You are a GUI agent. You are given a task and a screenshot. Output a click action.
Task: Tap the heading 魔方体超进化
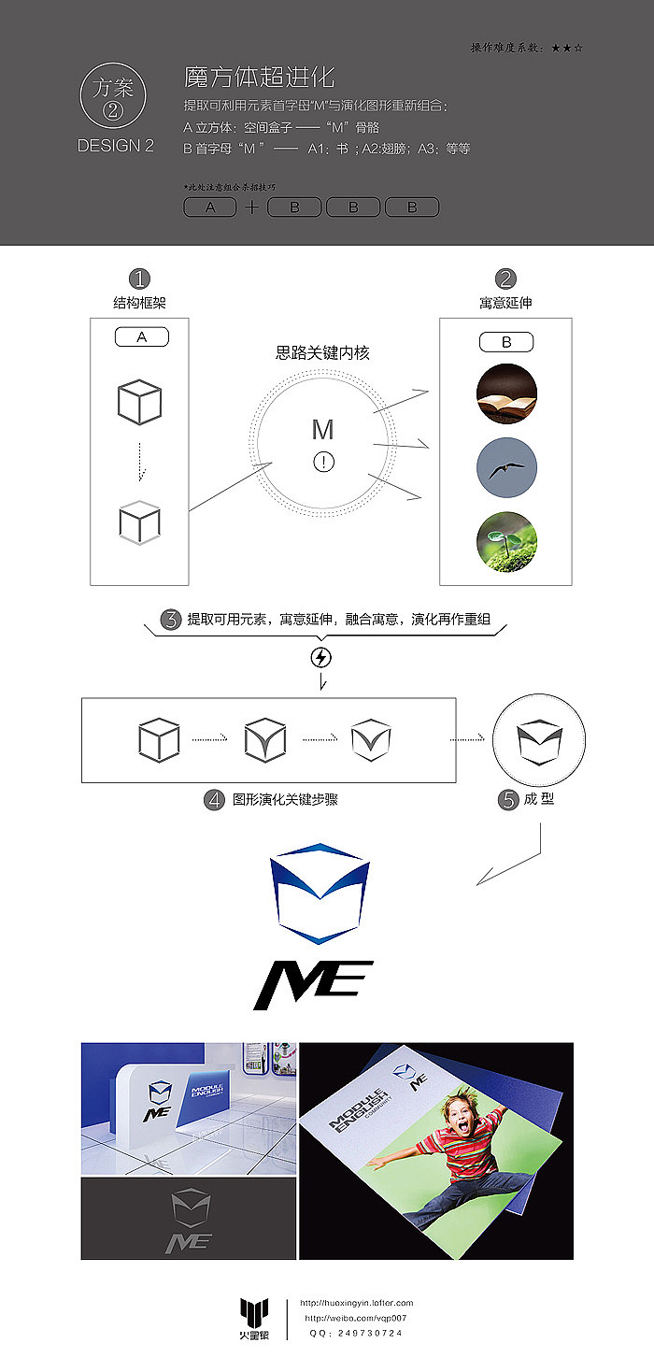pyautogui.click(x=260, y=77)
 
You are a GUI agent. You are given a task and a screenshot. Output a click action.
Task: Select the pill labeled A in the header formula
pyautogui.click(x=209, y=207)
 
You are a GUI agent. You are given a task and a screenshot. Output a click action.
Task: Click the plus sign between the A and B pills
pyautogui.click(x=251, y=207)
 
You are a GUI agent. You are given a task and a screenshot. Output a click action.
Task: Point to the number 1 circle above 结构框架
pyautogui.click(x=139, y=279)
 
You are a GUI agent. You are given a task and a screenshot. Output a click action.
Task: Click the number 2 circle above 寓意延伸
pyautogui.click(x=505, y=279)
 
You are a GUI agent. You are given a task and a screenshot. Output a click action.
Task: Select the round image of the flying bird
pyautogui.click(x=506, y=467)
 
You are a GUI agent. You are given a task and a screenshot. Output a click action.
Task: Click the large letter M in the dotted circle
pyautogui.click(x=322, y=430)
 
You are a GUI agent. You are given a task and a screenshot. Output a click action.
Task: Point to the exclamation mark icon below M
pyautogui.click(x=323, y=461)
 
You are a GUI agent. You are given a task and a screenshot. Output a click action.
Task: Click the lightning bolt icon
pyautogui.click(x=320, y=658)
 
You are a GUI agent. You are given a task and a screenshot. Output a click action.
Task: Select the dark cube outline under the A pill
pyautogui.click(x=139, y=403)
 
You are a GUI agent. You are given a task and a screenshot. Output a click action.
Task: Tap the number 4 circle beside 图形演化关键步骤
pyautogui.click(x=216, y=800)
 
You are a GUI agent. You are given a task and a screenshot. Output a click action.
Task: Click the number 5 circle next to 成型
pyautogui.click(x=508, y=800)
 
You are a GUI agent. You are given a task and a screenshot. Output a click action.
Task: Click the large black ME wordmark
pyautogui.click(x=313, y=985)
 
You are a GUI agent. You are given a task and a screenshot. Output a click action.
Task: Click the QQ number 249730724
pyautogui.click(x=370, y=1334)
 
